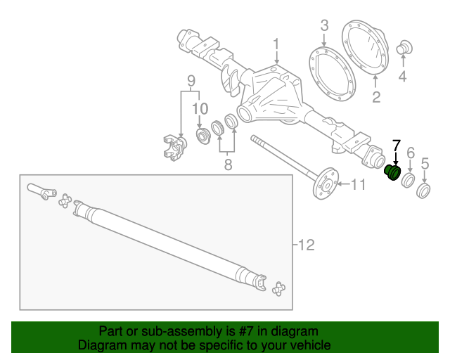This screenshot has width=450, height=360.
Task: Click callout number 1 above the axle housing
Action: click(276, 44)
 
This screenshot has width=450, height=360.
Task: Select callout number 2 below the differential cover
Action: click(376, 96)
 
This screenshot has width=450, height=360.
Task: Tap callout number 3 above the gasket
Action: click(324, 26)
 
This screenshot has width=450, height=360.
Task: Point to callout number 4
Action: click(402, 77)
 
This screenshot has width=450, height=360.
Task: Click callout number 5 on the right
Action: click(425, 165)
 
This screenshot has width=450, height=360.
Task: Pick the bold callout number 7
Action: click(396, 146)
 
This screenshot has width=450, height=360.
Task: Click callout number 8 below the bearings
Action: click(228, 165)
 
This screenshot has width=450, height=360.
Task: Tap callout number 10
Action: click(200, 108)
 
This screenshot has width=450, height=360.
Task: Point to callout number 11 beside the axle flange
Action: click(359, 185)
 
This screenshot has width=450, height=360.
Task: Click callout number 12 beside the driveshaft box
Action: click(306, 245)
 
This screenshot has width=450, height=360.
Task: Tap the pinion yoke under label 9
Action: click(172, 146)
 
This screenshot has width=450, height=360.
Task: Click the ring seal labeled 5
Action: click(424, 191)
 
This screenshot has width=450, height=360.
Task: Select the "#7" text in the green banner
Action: click(245, 331)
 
